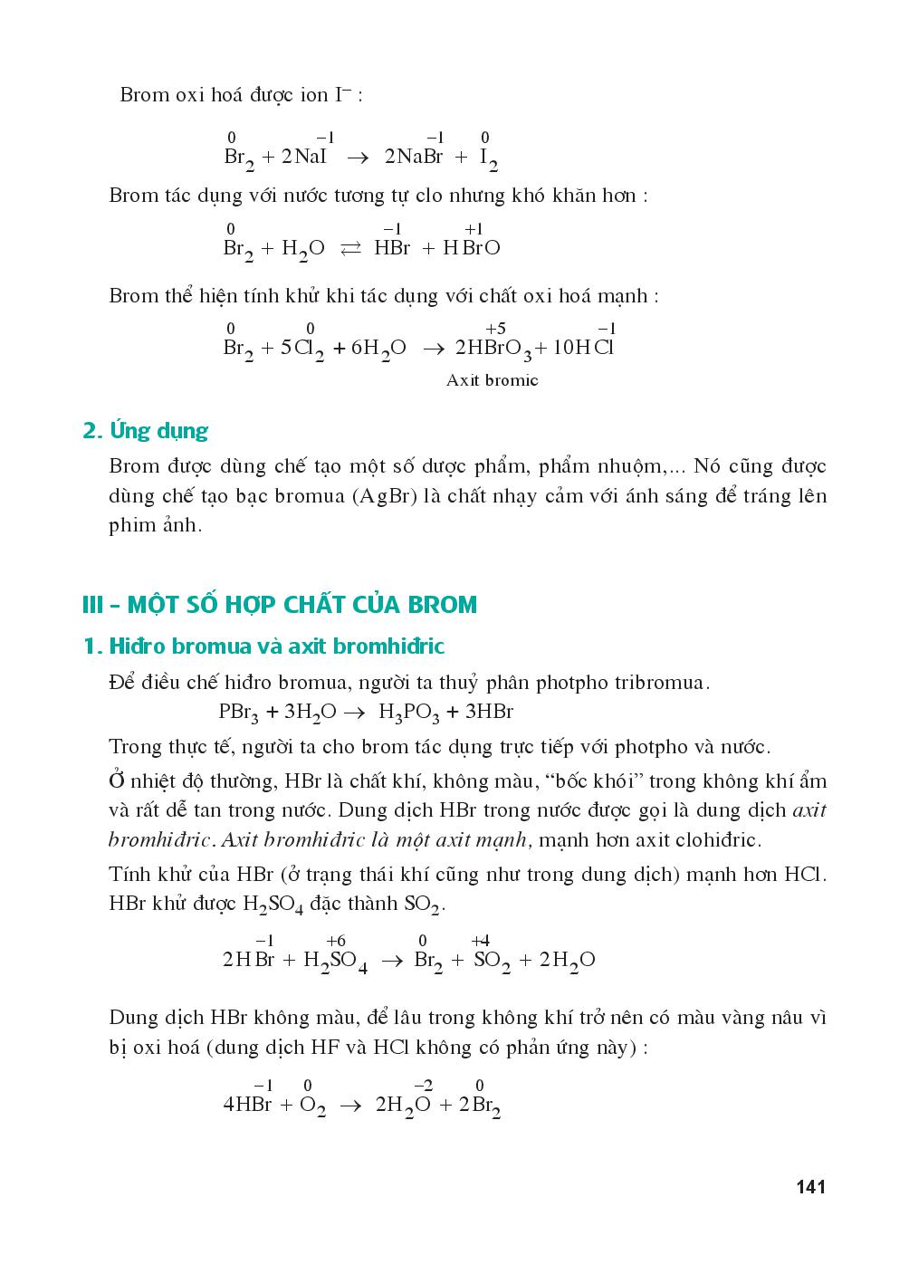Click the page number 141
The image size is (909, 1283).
pos(810,1186)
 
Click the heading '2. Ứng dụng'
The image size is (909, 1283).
pos(145,430)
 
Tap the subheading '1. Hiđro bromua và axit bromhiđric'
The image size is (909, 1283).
pos(263,646)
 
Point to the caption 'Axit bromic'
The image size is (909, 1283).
pos(492,380)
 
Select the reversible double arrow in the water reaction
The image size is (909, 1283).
pos(349,249)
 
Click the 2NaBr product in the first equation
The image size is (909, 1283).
pos(414,157)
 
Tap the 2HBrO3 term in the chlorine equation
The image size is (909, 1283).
pos(493,349)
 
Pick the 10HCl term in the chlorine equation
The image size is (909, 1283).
pos(583,348)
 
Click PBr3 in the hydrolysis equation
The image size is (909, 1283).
pos(238,713)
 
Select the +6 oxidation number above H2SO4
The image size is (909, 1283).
pos(336,941)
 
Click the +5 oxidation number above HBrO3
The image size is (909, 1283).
pos(495,328)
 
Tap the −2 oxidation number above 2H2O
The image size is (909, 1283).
pos(422,1085)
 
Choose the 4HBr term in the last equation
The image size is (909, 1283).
pos(247,1105)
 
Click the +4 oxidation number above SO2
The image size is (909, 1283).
pos(480,941)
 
